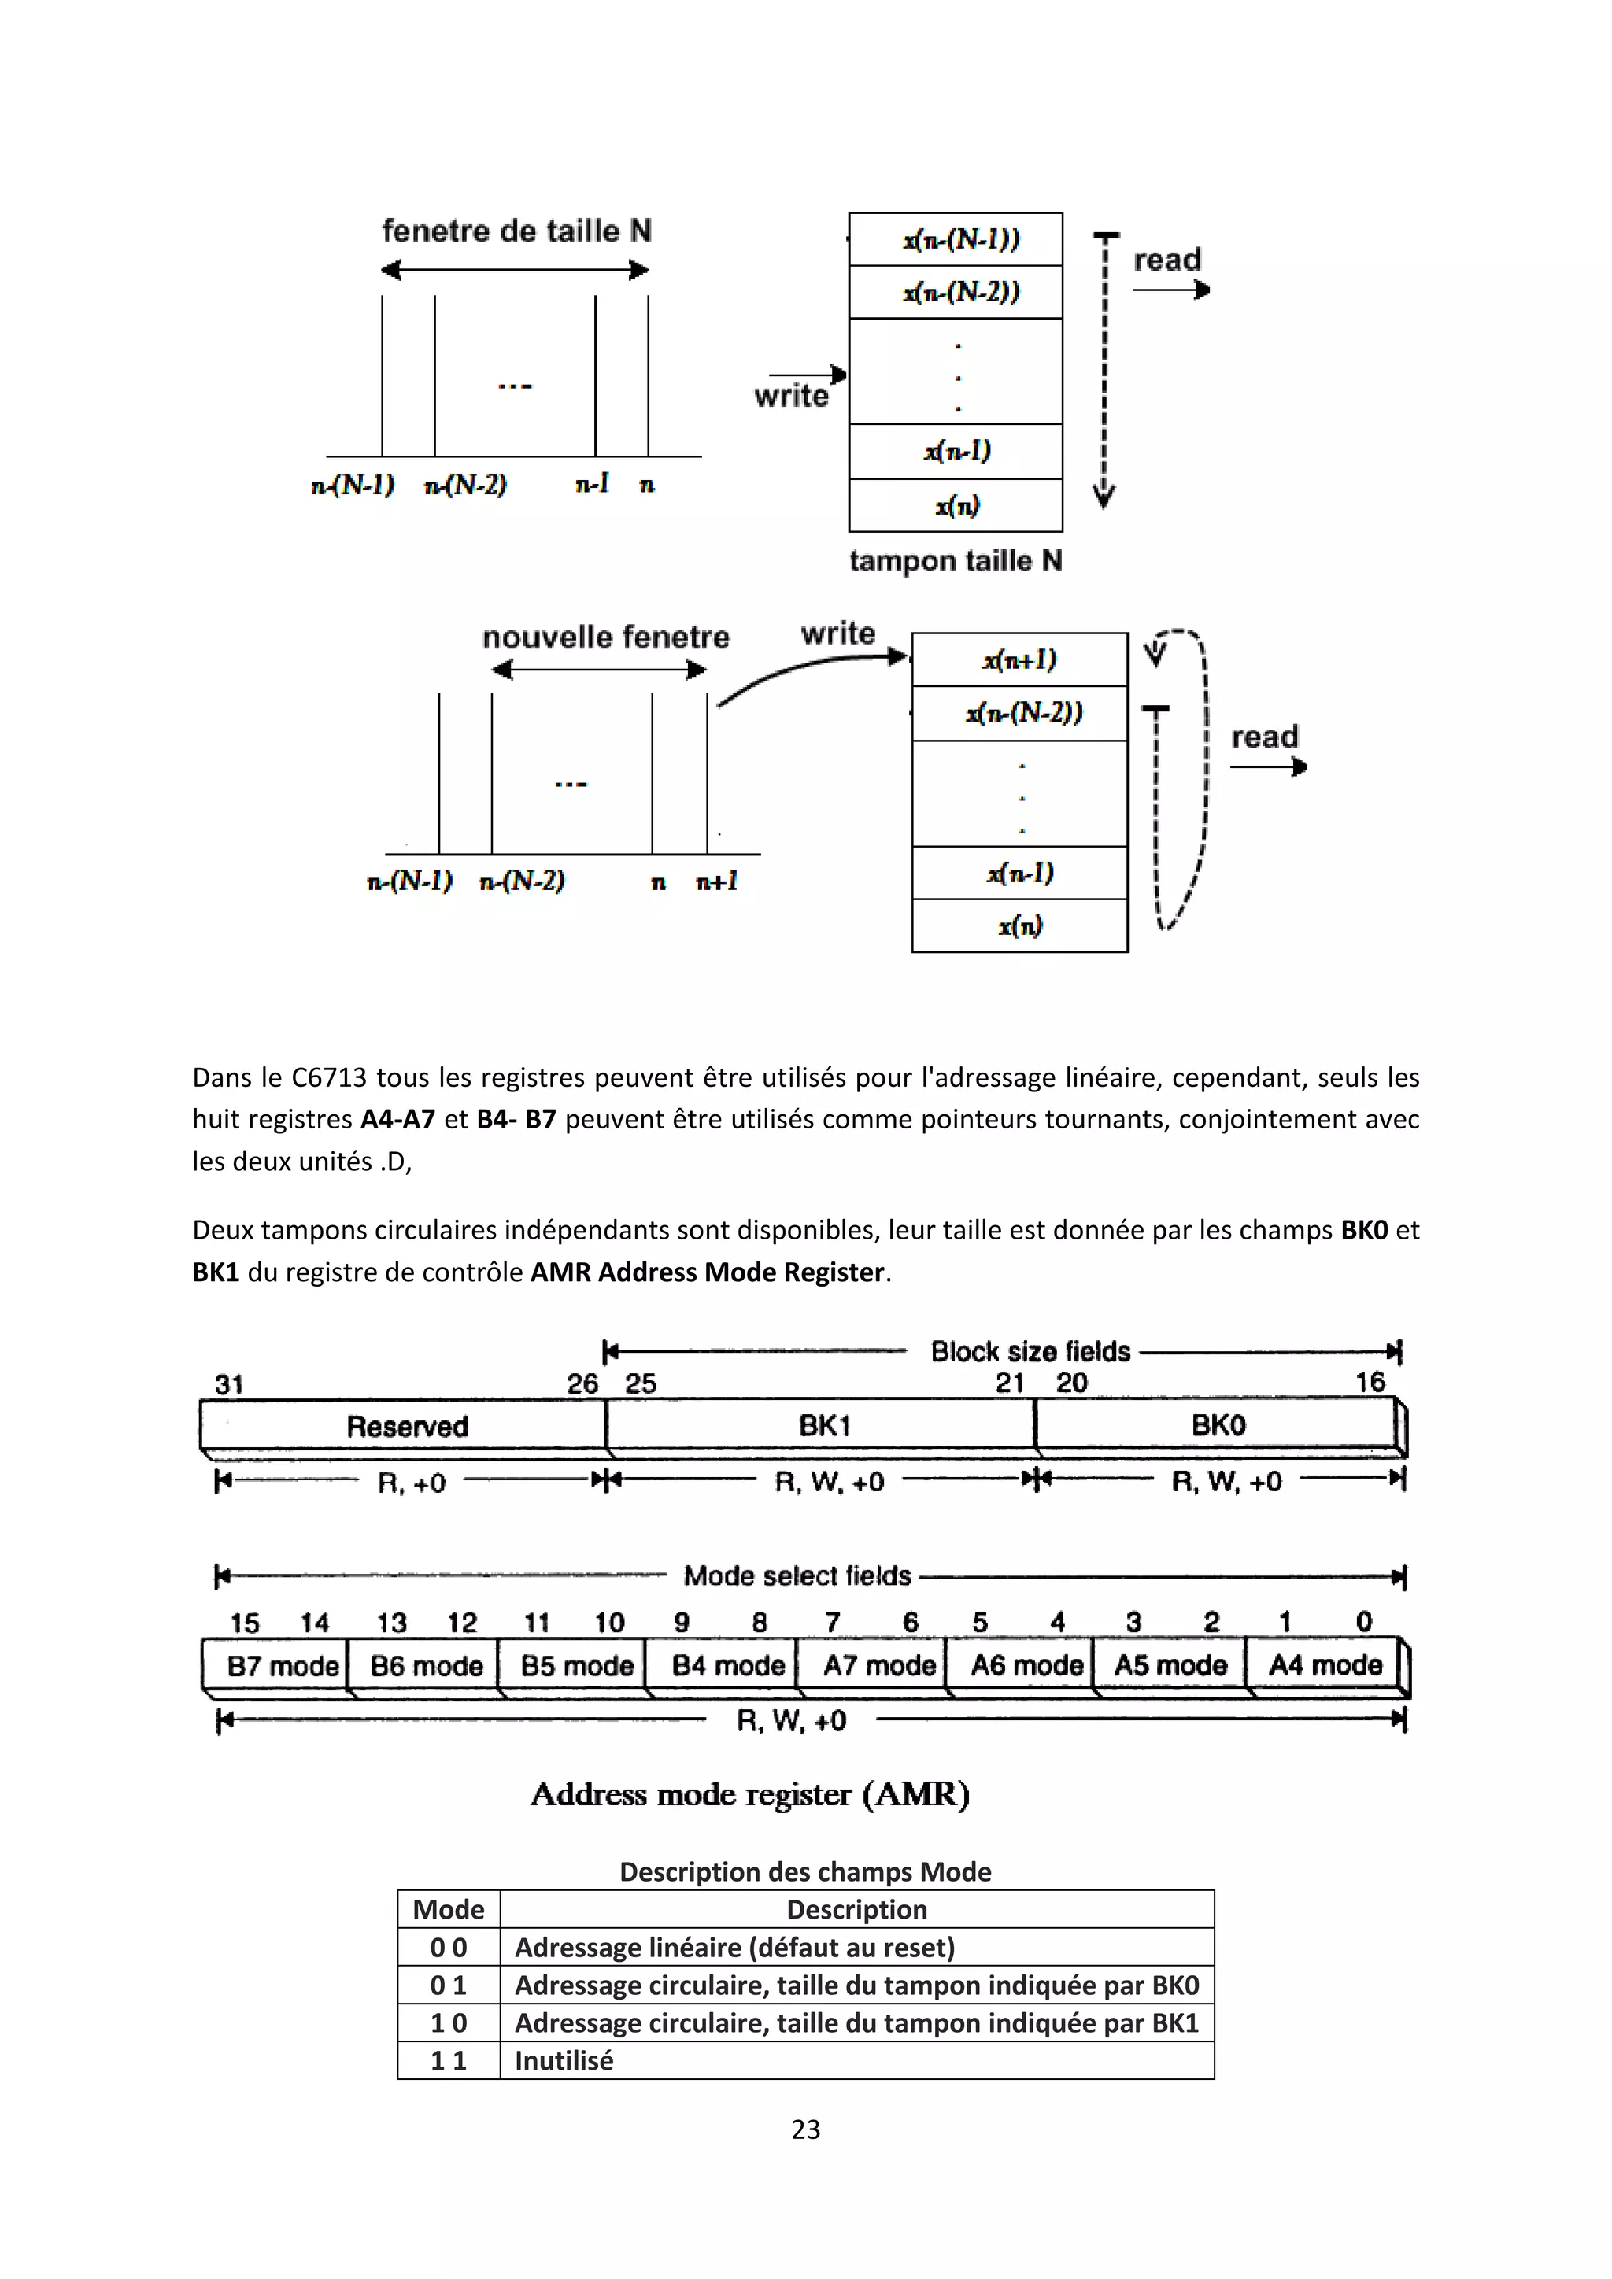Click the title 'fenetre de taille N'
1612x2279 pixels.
516,231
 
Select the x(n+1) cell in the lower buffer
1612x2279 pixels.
1019,660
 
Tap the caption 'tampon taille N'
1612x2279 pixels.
955,561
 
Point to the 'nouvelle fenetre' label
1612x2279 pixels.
605,637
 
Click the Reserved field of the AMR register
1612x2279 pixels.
406,1427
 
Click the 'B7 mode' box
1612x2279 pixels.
282,1666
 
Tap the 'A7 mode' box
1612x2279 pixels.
878,1666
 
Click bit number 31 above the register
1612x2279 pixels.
229,1383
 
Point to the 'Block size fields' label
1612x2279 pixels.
1030,1351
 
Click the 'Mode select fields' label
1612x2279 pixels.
797,1575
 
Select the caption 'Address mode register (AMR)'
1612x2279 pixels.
749,1793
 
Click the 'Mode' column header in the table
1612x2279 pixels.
449,1909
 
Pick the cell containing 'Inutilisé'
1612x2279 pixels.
564,2061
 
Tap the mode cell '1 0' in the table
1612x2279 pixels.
449,2023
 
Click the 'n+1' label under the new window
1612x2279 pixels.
717,881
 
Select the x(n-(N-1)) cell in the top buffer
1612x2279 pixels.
959,239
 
